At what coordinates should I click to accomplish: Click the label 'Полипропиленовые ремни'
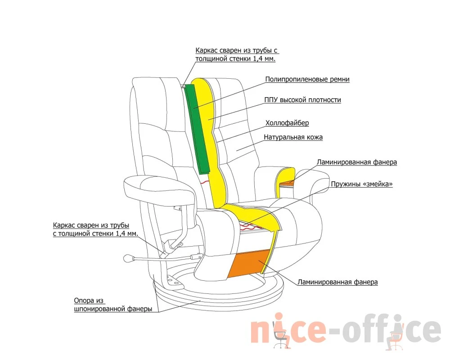tap(307, 79)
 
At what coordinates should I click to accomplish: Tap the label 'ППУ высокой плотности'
tap(302, 100)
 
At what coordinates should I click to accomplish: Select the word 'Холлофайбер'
tap(287, 123)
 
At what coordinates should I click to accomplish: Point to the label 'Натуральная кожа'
tap(293, 137)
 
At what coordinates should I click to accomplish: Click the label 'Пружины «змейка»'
tap(362, 184)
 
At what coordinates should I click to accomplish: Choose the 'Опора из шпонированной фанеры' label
tap(113, 305)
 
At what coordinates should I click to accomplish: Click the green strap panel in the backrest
tap(198, 129)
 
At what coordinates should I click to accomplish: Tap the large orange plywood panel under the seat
tap(249, 264)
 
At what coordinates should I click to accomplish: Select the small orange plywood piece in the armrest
tap(287, 182)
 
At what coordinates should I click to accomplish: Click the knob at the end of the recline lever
tap(127, 258)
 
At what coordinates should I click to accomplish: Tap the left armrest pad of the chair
tap(159, 189)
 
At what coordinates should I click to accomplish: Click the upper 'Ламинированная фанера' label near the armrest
tap(357, 162)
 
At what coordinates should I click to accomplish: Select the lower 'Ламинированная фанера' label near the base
tap(337, 282)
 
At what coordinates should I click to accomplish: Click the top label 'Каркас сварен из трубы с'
tap(237, 50)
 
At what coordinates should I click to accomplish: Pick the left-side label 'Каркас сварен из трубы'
tap(91, 225)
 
